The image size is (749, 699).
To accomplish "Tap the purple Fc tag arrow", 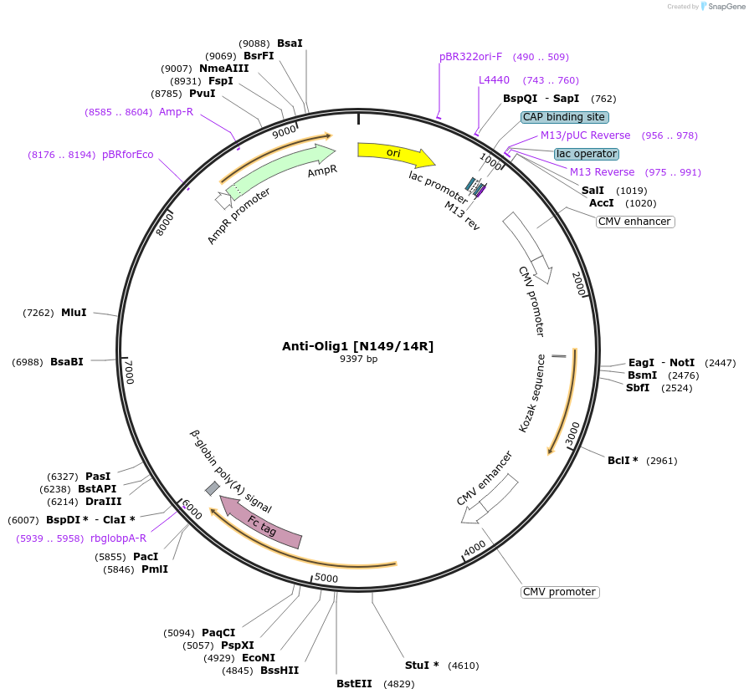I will click(x=261, y=523).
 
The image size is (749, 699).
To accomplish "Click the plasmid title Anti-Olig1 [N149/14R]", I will click(x=357, y=346).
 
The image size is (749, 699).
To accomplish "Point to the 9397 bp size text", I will click(x=358, y=360).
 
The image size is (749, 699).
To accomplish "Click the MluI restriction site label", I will click(x=74, y=313).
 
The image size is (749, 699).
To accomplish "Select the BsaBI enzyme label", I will click(x=67, y=362).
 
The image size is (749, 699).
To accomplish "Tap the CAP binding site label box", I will click(x=564, y=117).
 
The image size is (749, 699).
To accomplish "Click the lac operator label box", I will click(x=587, y=154).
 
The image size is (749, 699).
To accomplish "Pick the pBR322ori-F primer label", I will click(x=470, y=57).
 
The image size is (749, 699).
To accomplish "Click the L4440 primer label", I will click(x=494, y=80).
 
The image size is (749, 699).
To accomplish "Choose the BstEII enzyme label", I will click(x=354, y=684).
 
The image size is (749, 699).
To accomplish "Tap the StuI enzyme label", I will click(x=421, y=666).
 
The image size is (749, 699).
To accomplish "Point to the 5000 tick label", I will click(x=326, y=578).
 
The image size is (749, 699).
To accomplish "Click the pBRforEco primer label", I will click(x=128, y=155).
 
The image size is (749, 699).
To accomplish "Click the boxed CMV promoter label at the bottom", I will click(x=560, y=592).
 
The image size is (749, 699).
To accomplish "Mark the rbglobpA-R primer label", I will click(x=118, y=538).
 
